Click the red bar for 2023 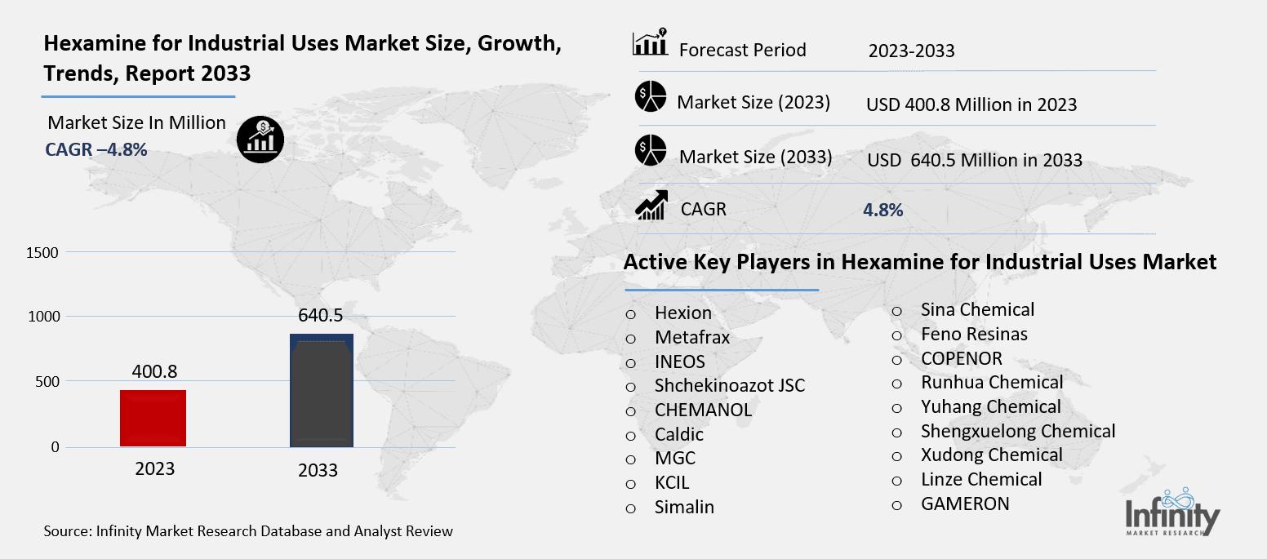pos(154,418)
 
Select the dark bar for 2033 pos(322,390)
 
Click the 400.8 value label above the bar pos(154,373)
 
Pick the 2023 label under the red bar pos(154,469)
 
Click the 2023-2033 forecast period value pos(911,51)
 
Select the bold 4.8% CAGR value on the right pos(882,210)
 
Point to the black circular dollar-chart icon pos(260,139)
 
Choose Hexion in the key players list pos(682,313)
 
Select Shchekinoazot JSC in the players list pos(729,386)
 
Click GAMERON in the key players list pos(964,504)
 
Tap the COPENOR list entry pos(961,358)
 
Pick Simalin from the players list pos(684,507)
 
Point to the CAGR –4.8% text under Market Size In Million pos(96,149)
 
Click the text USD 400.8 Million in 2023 pos(971,104)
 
